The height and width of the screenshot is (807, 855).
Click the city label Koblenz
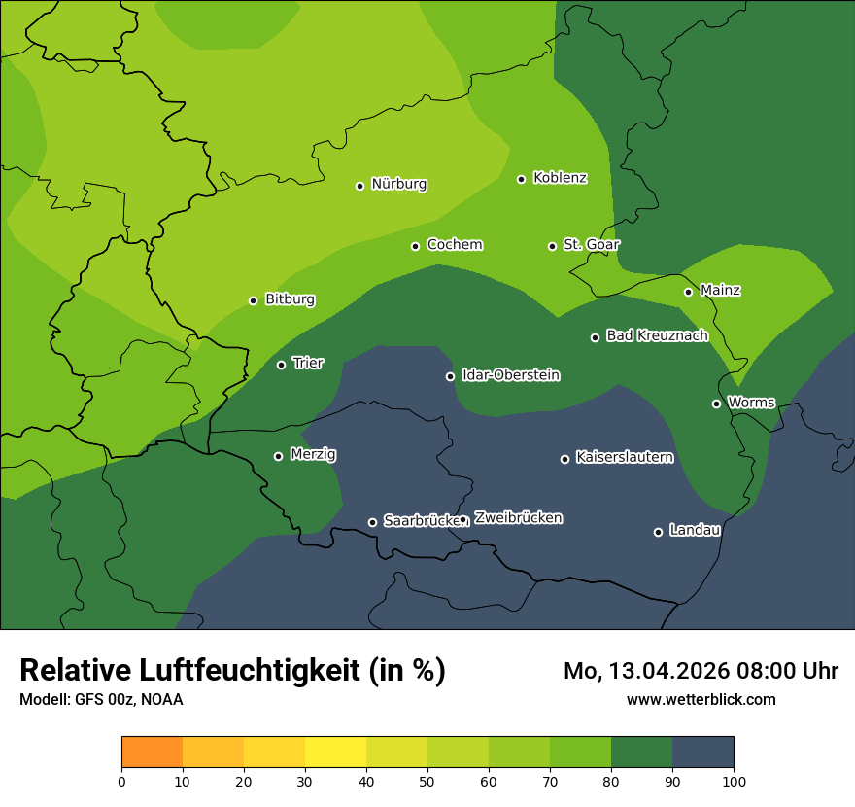(560, 178)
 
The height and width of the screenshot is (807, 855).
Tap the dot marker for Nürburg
(359, 186)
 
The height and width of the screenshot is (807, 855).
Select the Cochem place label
(454, 245)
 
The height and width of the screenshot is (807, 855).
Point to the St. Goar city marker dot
(552, 246)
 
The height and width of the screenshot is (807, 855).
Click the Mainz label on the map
(720, 291)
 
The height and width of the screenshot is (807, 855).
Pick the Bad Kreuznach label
(657, 335)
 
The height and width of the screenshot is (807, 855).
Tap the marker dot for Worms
(716, 403)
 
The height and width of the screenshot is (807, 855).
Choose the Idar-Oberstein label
(510, 375)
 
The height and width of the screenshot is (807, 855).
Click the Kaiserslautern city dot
(564, 459)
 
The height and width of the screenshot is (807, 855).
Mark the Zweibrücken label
(518, 518)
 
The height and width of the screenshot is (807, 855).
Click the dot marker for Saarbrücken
(372, 522)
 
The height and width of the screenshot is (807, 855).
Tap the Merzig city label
(313, 454)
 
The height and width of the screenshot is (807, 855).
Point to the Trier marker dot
(281, 365)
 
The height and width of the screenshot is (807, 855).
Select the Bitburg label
(290, 299)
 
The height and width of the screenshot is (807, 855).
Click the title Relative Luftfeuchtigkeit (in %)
(232, 671)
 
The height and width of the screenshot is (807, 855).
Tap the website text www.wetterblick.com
(701, 699)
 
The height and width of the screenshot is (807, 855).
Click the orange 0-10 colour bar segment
(152, 753)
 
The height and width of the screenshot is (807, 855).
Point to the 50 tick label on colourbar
(427, 782)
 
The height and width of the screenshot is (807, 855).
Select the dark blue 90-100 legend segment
(702, 753)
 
